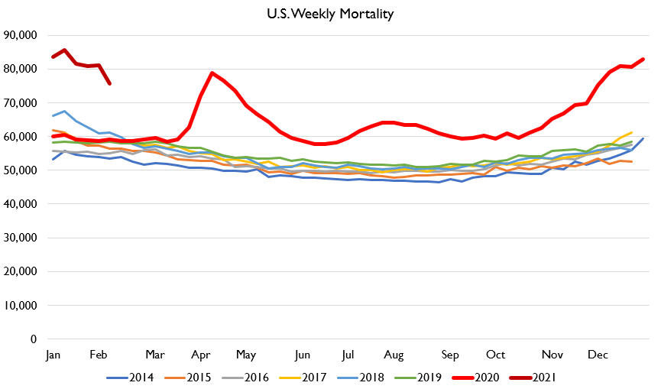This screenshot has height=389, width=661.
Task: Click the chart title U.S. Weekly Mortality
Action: point(330,14)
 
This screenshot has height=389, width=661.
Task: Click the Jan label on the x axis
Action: point(53,355)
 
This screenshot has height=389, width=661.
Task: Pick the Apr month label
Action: point(201,355)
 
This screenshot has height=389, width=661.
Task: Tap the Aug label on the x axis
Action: point(394,355)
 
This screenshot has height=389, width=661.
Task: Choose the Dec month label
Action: point(597,355)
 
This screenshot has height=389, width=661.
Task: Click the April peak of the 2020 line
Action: point(212,73)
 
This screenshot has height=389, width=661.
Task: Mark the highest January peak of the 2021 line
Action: point(64,50)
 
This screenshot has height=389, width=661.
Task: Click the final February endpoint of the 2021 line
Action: point(109,83)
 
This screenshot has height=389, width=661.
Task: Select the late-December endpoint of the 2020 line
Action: point(643,59)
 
